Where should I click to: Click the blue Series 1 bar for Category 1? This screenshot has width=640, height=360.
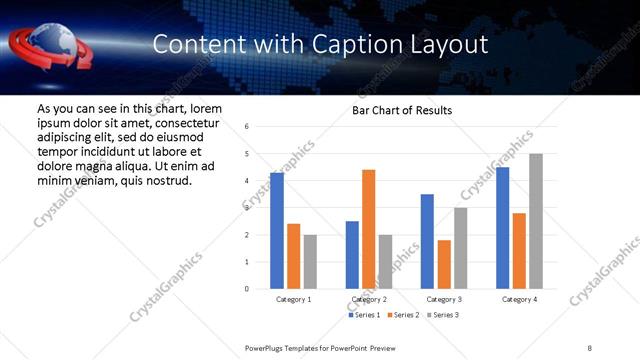tap(277, 231)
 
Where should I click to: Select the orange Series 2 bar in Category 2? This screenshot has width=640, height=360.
tap(369, 229)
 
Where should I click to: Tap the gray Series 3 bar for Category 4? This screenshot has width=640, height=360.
tap(536, 221)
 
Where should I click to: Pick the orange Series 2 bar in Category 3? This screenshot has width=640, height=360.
tap(444, 264)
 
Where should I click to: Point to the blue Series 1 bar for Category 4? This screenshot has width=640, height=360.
tap(503, 228)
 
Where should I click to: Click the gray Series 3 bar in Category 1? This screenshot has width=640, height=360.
tap(310, 262)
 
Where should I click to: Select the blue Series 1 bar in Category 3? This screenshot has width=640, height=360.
tap(428, 241)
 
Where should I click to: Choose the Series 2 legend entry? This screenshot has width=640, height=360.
tap(402, 315)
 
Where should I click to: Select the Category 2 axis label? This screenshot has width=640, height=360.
tap(369, 299)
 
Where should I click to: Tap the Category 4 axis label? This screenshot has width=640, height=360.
tap(519, 299)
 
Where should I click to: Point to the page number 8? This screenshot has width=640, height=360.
tap(590, 347)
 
